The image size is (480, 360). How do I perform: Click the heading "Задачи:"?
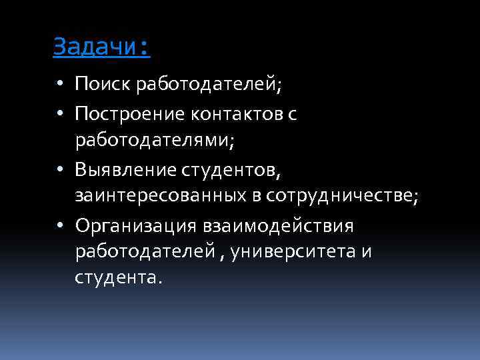point(101,47)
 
